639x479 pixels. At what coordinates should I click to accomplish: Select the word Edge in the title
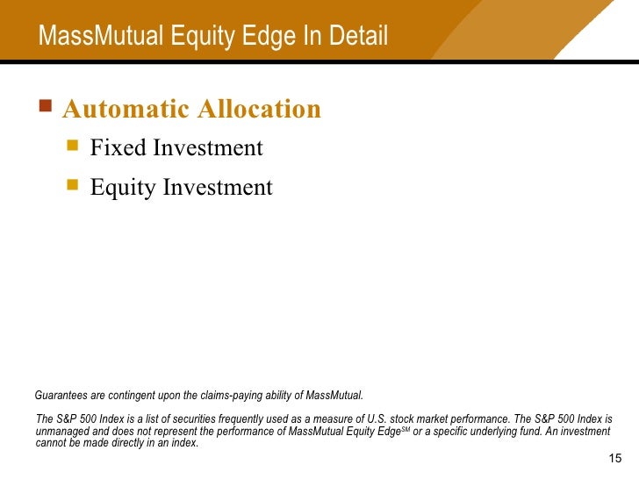[254, 37]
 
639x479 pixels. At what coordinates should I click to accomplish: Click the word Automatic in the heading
[126, 110]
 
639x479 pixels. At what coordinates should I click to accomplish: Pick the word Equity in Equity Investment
[123, 188]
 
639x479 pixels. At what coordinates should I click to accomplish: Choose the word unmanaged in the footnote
[60, 432]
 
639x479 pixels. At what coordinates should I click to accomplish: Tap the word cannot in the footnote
[50, 443]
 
